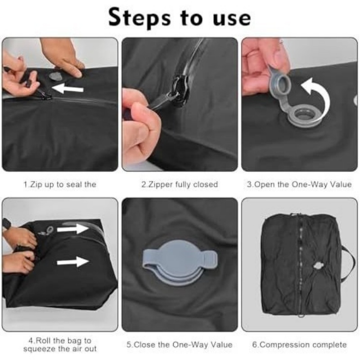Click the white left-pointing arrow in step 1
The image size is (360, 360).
[67, 88]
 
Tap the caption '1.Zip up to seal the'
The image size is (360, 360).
[60, 184]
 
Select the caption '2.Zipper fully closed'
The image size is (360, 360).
[180, 184]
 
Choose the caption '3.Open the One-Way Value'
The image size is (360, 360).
[299, 184]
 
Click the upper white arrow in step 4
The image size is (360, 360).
[72, 229]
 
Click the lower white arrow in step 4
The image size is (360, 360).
[73, 262]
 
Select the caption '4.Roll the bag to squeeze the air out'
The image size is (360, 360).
[60, 345]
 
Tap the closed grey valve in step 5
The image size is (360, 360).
[180, 262]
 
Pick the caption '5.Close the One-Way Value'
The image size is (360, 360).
[180, 345]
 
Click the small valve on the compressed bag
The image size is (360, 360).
[318, 266]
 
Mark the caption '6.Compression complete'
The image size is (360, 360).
[299, 345]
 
